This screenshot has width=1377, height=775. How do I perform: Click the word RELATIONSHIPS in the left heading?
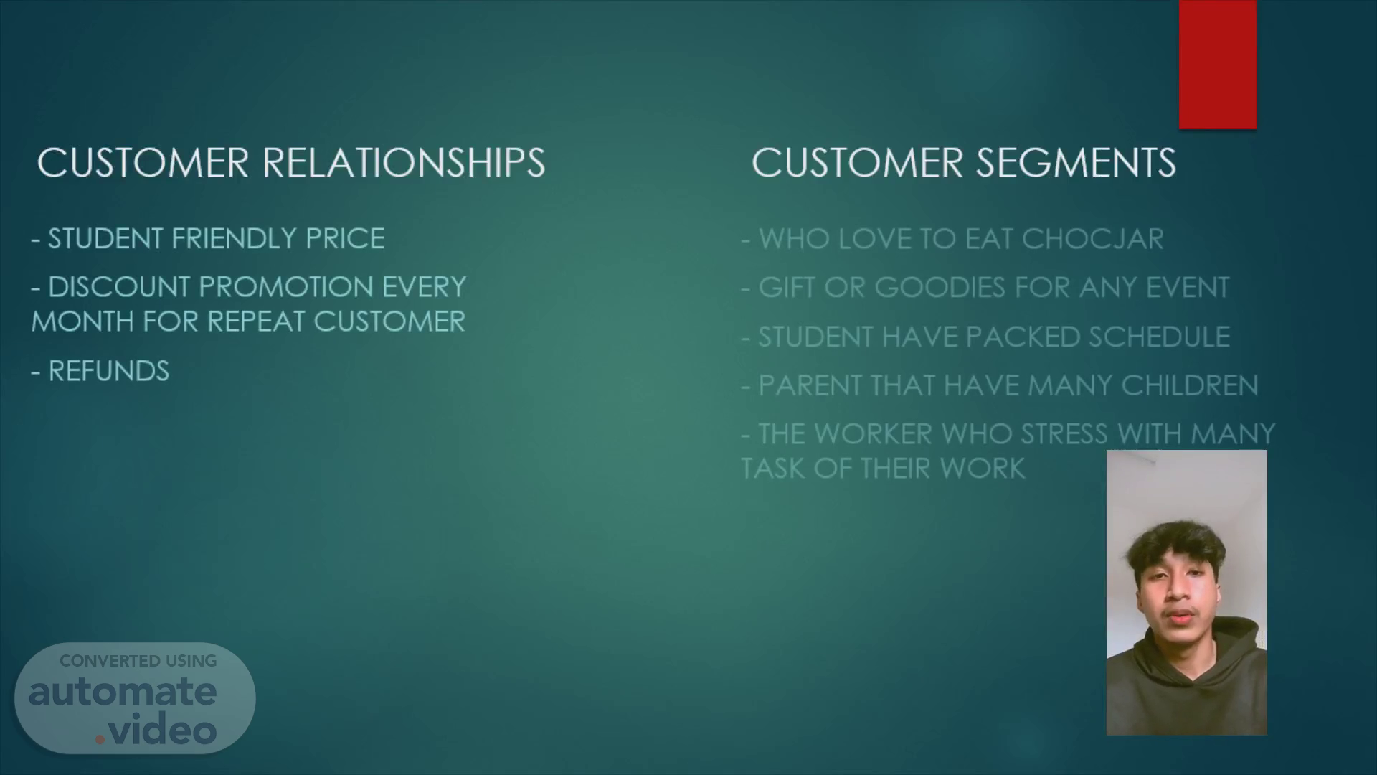tap(404, 163)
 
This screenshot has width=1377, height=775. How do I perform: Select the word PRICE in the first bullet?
tap(346, 239)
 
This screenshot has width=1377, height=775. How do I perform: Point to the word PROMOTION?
tap(286, 287)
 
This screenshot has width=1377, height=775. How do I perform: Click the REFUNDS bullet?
tap(100, 371)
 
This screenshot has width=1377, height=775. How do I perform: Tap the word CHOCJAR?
tap(1092, 239)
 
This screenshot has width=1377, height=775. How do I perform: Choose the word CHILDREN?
tap(1190, 385)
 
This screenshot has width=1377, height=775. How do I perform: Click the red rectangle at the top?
tap(1217, 65)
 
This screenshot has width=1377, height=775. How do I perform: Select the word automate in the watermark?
tap(123, 692)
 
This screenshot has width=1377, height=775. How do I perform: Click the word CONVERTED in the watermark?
tap(110, 661)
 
